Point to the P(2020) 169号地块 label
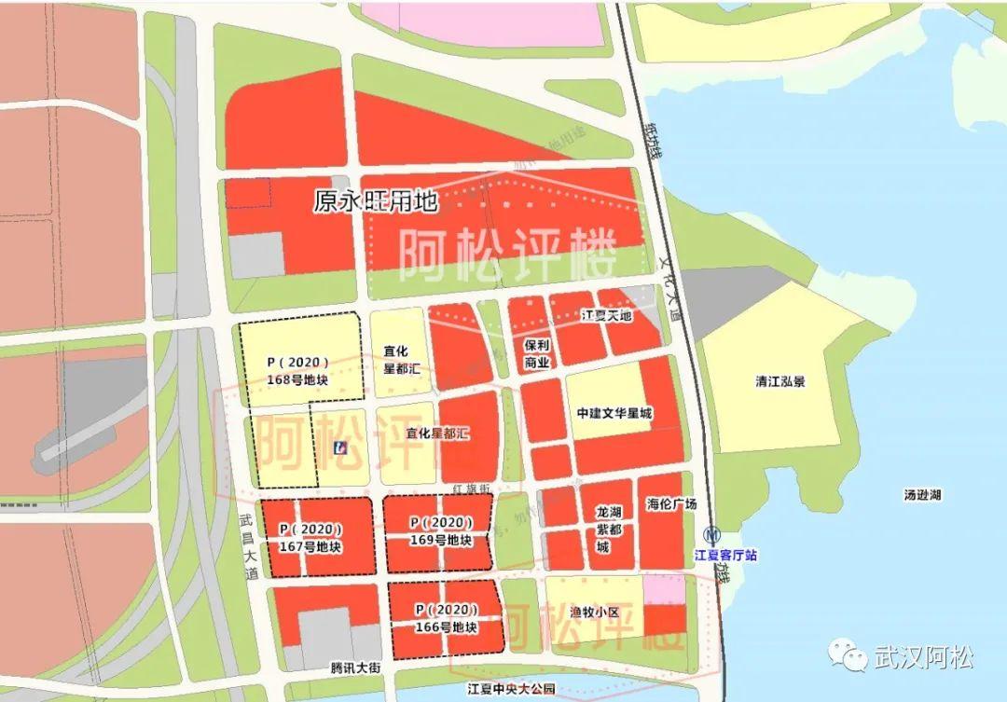pos(437,531)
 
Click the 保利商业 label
pos(538,352)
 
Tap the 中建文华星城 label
pos(614,413)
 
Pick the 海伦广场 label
pos(671,504)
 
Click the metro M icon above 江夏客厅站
pos(714,536)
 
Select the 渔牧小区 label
pos(594,613)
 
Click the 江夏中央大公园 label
pos(511,689)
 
